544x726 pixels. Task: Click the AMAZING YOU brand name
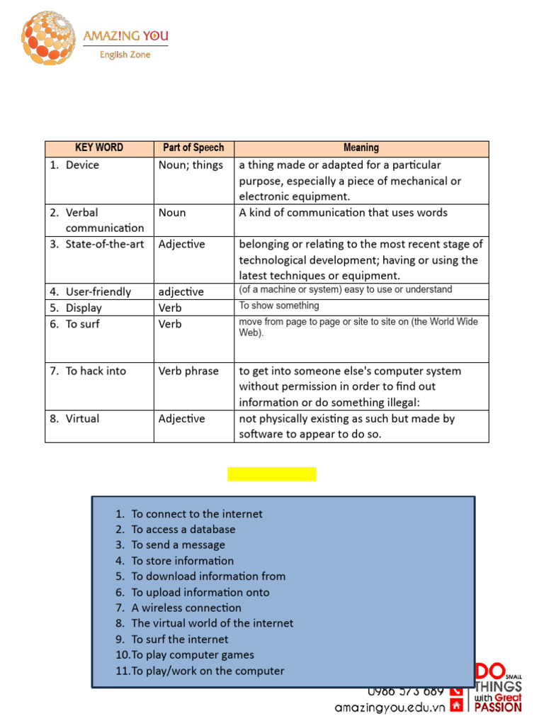(x=125, y=36)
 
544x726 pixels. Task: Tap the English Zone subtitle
(x=125, y=55)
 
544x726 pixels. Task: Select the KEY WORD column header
(x=99, y=148)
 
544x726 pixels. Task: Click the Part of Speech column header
(x=193, y=148)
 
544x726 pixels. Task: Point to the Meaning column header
(x=361, y=148)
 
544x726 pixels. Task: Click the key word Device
(x=82, y=165)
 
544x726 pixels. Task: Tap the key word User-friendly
(x=98, y=292)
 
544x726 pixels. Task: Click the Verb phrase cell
(x=188, y=371)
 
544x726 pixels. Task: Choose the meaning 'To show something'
(x=279, y=306)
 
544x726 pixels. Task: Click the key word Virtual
(x=82, y=419)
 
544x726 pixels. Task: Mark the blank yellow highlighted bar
(x=272, y=474)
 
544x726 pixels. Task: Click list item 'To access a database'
(x=183, y=530)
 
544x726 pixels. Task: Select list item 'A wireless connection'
(x=186, y=608)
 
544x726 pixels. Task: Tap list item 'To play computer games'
(x=192, y=655)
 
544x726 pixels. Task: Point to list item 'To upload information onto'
(x=200, y=593)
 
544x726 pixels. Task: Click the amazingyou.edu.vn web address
(x=390, y=707)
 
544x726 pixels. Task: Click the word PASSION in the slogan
(x=498, y=707)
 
